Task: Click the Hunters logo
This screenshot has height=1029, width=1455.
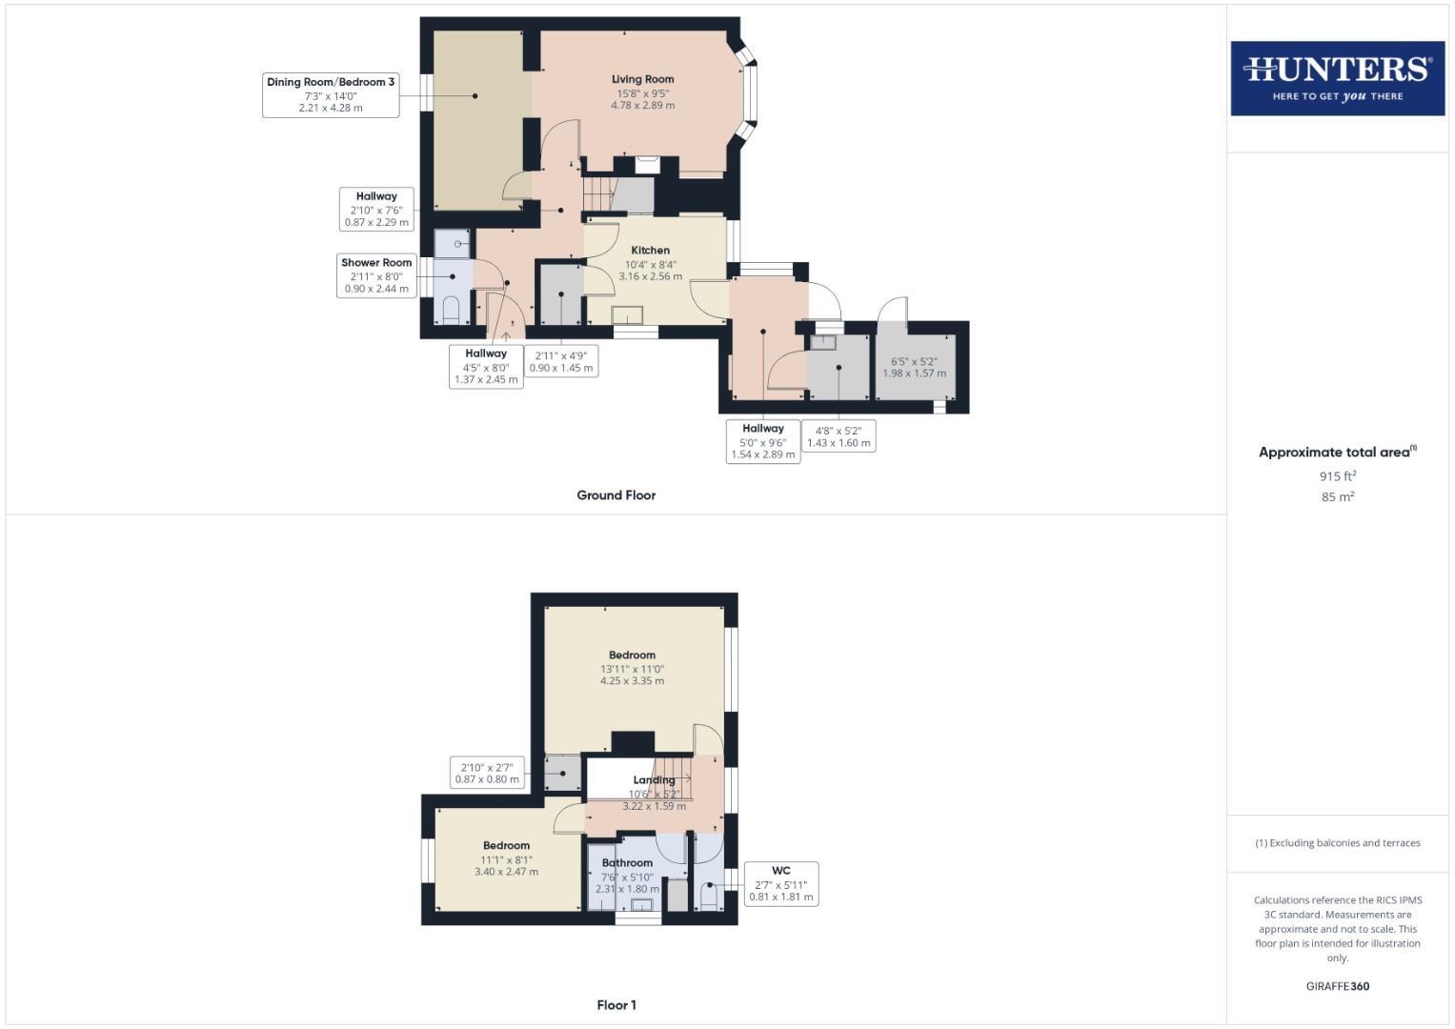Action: (1337, 78)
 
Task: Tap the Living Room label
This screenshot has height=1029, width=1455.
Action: (642, 80)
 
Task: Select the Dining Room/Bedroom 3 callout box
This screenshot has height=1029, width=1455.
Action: (331, 95)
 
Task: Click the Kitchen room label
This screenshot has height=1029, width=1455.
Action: (650, 251)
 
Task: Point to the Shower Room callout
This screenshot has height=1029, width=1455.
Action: (376, 275)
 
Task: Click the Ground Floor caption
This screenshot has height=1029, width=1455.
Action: (616, 495)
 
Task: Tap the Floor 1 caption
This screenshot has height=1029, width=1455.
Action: (616, 1005)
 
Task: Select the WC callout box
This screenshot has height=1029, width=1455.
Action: (780, 883)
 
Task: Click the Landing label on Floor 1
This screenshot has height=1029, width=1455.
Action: (654, 780)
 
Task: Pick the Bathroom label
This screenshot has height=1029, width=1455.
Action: (627, 863)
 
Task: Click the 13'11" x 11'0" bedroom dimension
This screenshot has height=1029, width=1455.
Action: (632, 669)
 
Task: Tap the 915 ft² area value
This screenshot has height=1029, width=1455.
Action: (1337, 476)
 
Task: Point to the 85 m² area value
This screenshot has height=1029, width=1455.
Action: (1337, 497)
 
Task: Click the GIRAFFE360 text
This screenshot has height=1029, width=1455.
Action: (1337, 986)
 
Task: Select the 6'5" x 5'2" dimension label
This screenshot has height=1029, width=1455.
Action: (914, 362)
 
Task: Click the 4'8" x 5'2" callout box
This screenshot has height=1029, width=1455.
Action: (839, 436)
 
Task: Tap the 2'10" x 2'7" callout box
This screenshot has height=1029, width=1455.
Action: (487, 773)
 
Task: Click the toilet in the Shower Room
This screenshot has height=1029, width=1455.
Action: (452, 310)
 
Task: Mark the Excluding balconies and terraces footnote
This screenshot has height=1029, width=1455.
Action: (1337, 843)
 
